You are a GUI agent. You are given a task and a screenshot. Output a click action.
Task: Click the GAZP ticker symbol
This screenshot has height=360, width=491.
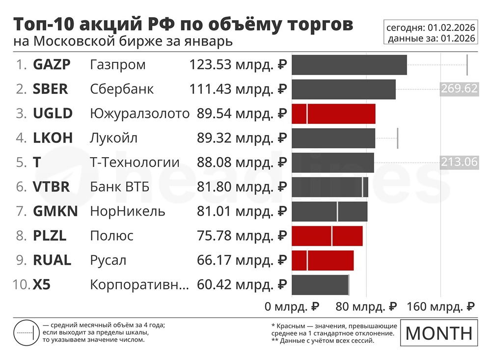(52, 65)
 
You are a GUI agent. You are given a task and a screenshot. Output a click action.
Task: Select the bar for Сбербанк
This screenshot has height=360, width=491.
(343, 89)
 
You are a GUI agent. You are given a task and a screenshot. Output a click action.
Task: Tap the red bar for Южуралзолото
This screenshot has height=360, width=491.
(333, 113)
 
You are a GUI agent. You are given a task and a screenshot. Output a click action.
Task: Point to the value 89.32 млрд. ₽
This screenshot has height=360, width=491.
(242, 138)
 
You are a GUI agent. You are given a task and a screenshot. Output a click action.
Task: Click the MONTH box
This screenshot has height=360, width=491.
(439, 332)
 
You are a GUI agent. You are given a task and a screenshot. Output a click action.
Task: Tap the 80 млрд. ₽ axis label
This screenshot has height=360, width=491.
(366, 307)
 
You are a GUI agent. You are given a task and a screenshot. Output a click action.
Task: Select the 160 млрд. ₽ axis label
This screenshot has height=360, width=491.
(440, 307)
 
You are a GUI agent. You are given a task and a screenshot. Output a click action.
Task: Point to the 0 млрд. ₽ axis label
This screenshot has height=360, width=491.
(292, 307)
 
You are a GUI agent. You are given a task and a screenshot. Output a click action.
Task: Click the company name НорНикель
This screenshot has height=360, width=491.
(128, 212)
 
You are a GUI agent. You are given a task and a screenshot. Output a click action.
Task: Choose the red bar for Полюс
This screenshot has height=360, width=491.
(327, 236)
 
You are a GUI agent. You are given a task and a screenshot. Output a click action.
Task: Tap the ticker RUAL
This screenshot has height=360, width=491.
(52, 260)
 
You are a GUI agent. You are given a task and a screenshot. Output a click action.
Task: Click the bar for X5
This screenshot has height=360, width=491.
(320, 285)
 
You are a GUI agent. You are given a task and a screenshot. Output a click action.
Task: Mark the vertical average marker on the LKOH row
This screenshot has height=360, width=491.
(397, 138)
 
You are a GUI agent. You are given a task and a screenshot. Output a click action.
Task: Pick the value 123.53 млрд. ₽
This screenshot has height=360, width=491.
(238, 65)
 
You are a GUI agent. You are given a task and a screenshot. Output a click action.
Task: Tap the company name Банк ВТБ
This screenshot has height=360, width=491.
(120, 187)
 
